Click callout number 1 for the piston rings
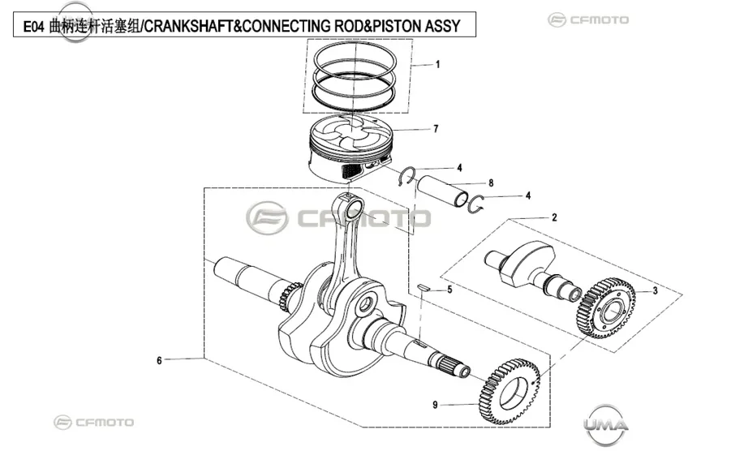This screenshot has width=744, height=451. tap(437, 64)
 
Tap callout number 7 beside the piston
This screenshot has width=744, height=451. tap(436, 128)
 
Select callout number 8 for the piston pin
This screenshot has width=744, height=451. tap(491, 183)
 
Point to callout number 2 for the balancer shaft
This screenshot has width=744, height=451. tap(554, 217)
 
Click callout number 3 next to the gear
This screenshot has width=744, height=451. tap(656, 290)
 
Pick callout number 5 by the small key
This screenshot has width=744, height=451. tap(449, 290)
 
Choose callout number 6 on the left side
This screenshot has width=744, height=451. tap(159, 360)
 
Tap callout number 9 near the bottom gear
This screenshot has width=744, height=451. tap(435, 405)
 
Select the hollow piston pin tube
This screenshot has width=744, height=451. tap(441, 191)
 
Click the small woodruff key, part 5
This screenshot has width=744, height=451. tap(424, 287)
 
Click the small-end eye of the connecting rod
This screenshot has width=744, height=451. tap(354, 209)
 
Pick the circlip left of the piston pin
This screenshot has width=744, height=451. tap(406, 176)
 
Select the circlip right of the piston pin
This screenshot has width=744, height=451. tap(475, 204)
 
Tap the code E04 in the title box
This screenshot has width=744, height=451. tap(34, 26)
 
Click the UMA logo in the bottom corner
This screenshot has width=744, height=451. tap(606, 424)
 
